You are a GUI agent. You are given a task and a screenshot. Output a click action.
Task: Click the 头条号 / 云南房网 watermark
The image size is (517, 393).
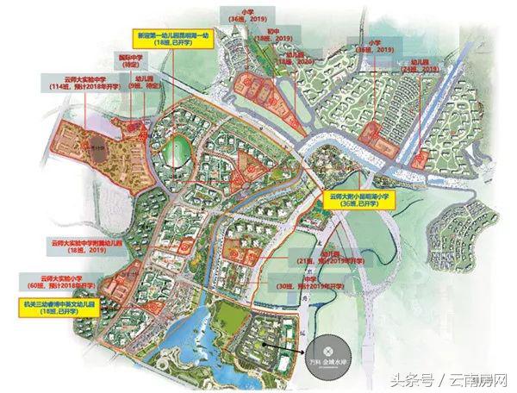[x=452, y=379]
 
